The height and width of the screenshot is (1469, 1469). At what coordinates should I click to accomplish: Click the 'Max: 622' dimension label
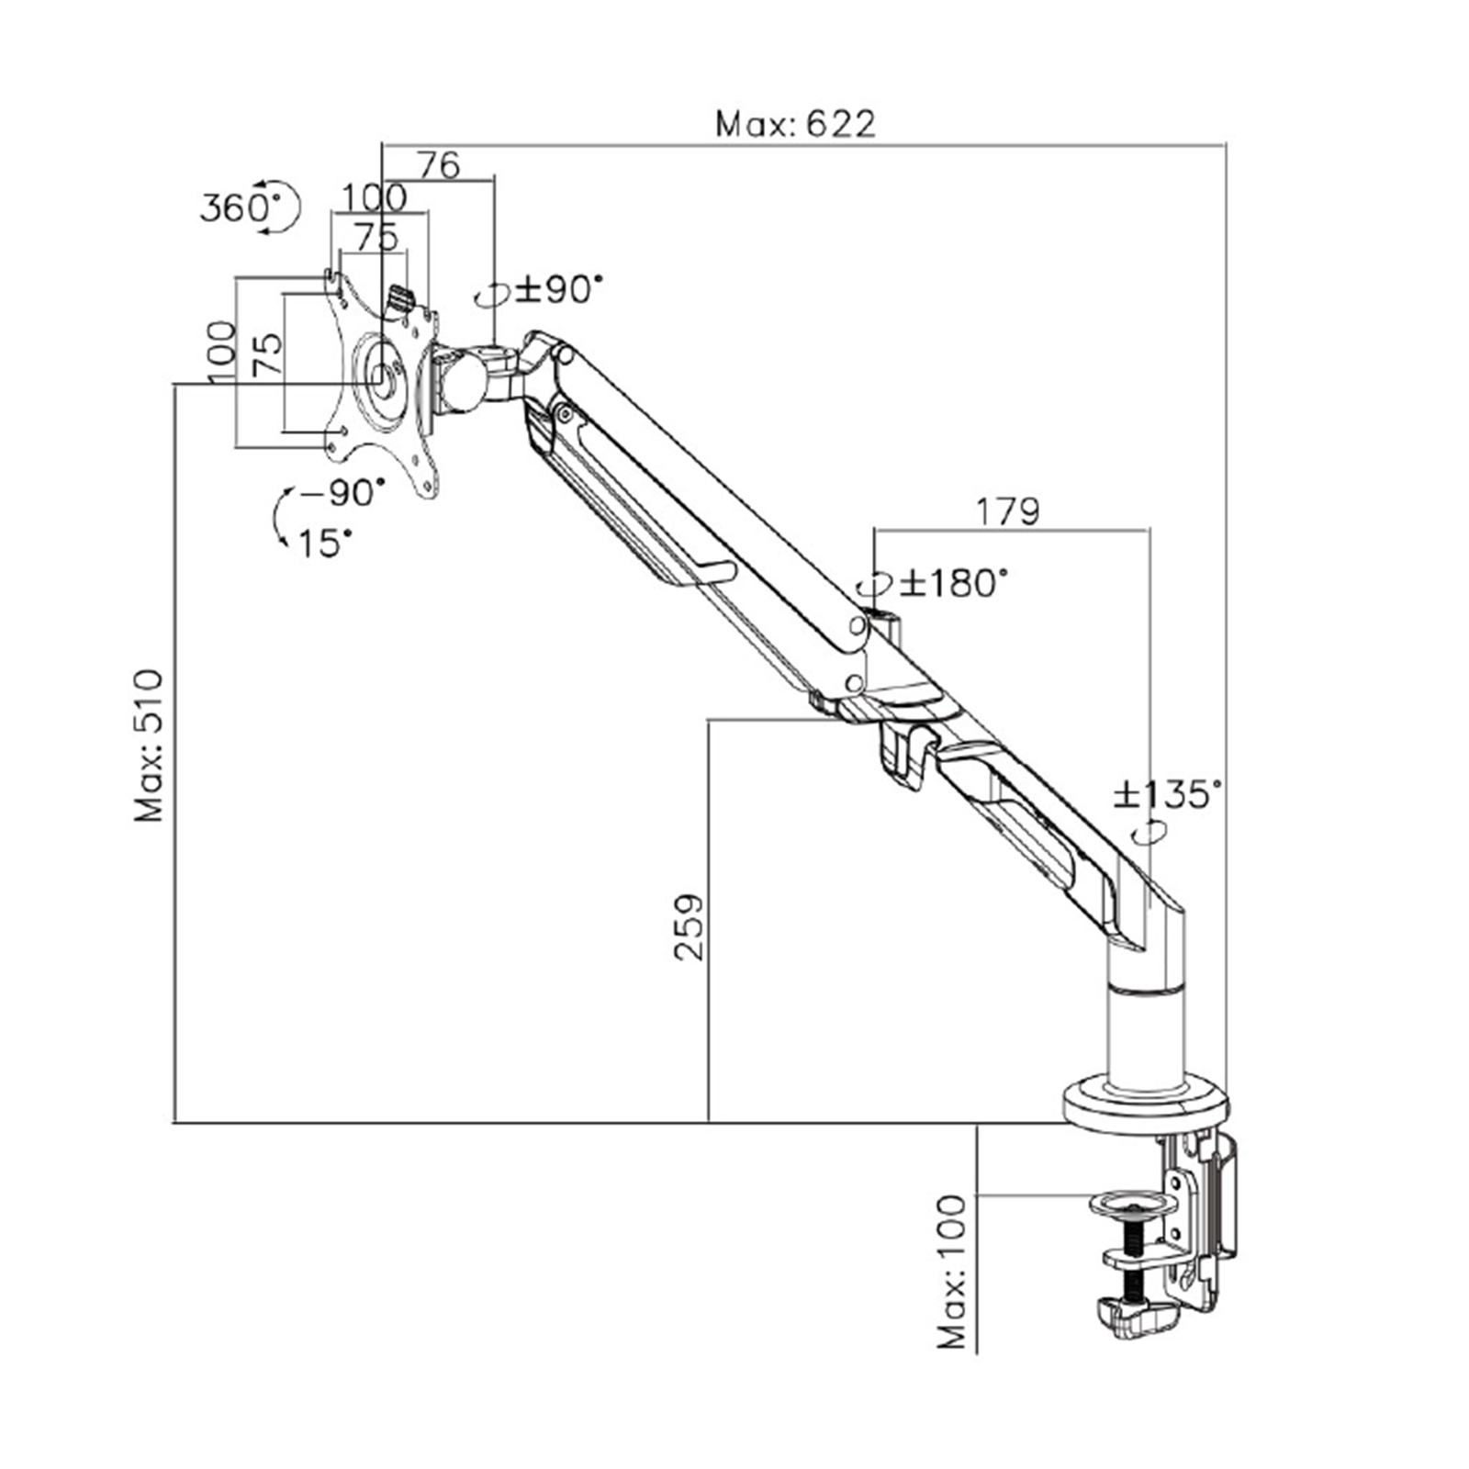pyautogui.click(x=795, y=123)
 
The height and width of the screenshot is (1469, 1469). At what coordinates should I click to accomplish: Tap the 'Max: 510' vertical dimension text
pyautogui.click(x=149, y=746)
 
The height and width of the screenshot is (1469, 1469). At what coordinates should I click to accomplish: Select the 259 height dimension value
pyautogui.click(x=689, y=927)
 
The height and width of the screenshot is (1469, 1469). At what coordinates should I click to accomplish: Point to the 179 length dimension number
pyautogui.click(x=1007, y=511)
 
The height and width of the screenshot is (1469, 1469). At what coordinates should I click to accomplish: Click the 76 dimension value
pyautogui.click(x=438, y=165)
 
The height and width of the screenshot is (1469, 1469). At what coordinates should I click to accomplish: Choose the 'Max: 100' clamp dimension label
pyautogui.click(x=953, y=1272)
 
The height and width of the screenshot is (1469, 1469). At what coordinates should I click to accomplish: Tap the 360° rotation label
pyautogui.click(x=235, y=207)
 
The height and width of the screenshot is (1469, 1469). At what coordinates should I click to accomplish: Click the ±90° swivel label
pyautogui.click(x=559, y=290)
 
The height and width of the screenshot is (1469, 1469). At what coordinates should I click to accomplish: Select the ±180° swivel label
pyautogui.click(x=953, y=582)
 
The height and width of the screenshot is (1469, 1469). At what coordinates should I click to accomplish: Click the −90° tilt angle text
pyautogui.click(x=342, y=493)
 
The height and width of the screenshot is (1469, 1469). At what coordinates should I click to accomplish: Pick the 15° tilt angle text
pyautogui.click(x=325, y=544)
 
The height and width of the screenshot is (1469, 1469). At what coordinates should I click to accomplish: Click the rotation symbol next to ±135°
pyautogui.click(x=1149, y=833)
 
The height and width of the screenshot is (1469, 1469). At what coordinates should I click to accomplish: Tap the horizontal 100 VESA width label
pyautogui.click(x=374, y=196)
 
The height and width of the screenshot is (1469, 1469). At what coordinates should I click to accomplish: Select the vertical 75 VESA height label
pyautogui.click(x=267, y=353)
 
